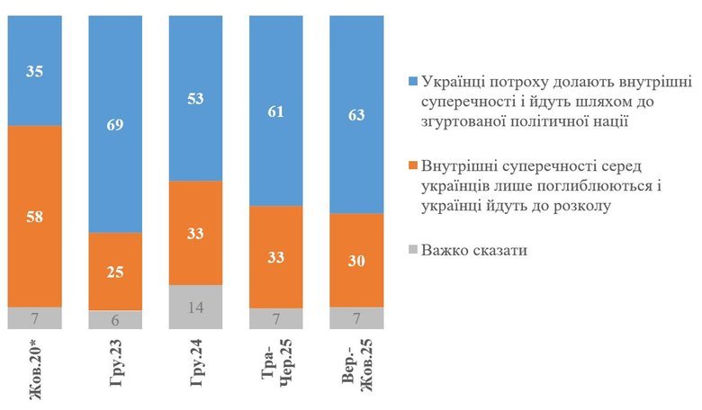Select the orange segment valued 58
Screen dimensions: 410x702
coord(35,216)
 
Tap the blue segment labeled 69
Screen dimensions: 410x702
coord(115,124)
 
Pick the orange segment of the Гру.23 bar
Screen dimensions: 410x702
coord(115,271)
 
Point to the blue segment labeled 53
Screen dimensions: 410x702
coord(195,99)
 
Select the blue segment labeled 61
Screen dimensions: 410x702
coord(275,111)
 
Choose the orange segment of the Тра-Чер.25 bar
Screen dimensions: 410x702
coord(275,256)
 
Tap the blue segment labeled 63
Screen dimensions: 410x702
coord(356,114)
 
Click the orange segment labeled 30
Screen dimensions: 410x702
coord(356,260)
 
